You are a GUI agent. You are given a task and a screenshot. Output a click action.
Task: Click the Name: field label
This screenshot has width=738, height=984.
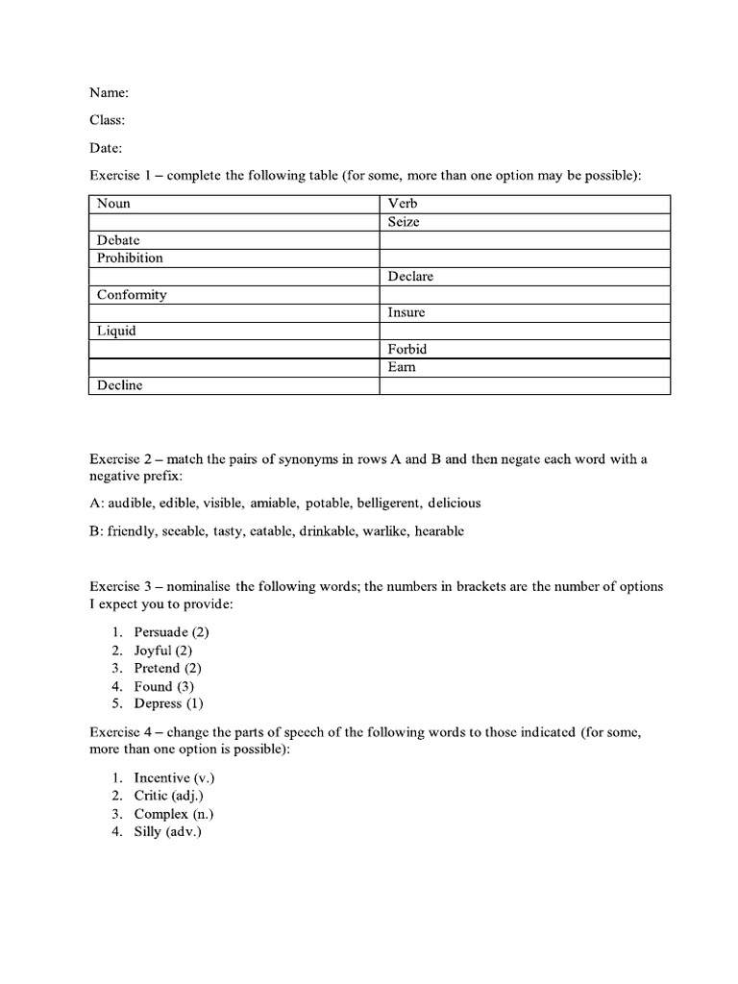[x=109, y=93]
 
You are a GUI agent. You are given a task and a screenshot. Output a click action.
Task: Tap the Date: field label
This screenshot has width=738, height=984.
[x=106, y=148]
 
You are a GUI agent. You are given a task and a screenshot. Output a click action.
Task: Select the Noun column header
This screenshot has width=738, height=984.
[x=113, y=204]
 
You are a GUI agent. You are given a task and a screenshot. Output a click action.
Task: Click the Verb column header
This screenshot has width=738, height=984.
[x=403, y=204]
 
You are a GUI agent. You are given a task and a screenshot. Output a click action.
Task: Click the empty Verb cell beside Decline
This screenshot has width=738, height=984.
[x=524, y=385]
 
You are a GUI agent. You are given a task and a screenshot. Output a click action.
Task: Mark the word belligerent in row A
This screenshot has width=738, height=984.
[x=382, y=503]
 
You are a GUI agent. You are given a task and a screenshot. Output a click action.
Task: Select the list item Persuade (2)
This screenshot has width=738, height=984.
[x=171, y=631]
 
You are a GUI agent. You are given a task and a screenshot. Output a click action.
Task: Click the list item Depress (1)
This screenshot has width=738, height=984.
[x=171, y=704]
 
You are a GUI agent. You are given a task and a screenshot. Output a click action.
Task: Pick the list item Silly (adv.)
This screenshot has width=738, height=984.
[x=167, y=832]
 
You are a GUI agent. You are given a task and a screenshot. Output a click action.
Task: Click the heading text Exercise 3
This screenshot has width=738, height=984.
[x=120, y=586]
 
